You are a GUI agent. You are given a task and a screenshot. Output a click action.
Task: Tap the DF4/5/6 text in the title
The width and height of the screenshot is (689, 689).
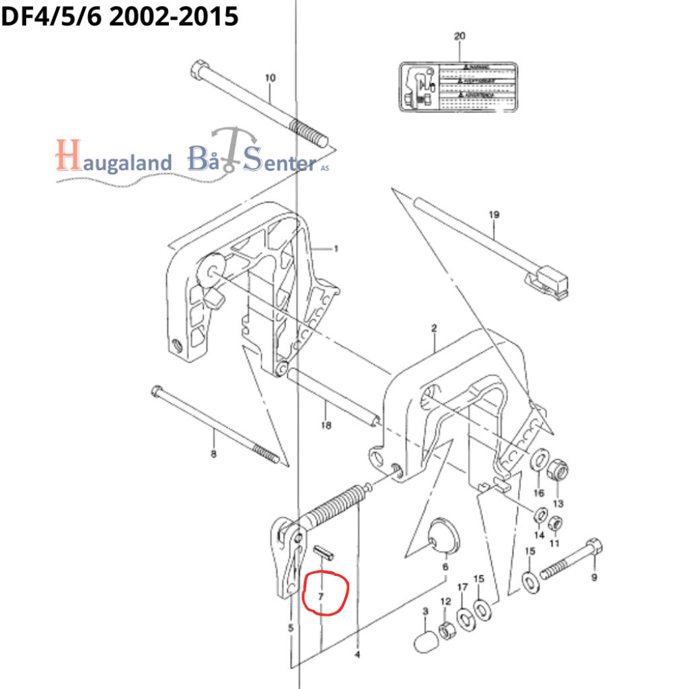pyautogui.click(x=51, y=16)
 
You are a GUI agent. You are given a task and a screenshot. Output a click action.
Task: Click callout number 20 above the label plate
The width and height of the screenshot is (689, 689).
pyautogui.click(x=460, y=36)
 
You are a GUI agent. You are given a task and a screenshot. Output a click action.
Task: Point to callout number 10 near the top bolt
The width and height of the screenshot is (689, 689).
pyautogui.click(x=270, y=78)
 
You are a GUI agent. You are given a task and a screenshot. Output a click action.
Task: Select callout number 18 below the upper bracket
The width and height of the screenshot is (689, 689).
pyautogui.click(x=326, y=425)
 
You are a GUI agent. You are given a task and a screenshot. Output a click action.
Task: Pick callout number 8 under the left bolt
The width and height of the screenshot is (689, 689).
pyautogui.click(x=213, y=455)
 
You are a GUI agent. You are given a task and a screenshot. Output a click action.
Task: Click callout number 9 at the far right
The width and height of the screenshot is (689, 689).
pyautogui.click(x=593, y=576)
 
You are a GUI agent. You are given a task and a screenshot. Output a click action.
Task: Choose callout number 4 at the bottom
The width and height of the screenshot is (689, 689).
pyautogui.click(x=357, y=653)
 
